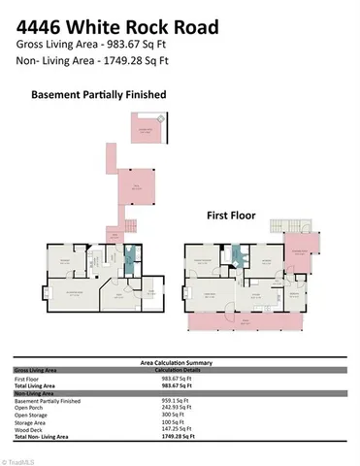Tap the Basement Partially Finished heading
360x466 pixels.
99,95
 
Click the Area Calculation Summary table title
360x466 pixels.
180,360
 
